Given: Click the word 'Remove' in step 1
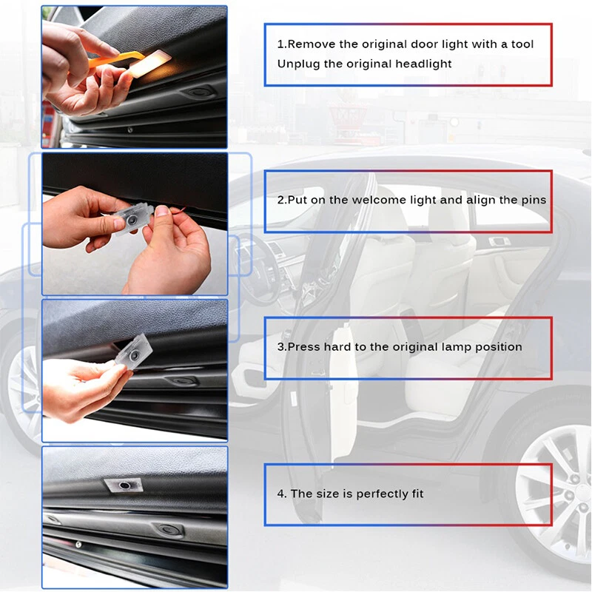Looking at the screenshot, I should tap(310, 44).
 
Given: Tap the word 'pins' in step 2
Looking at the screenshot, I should tap(533, 200).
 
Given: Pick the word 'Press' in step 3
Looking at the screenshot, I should tap(303, 346).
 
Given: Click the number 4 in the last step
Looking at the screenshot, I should tap(282, 494).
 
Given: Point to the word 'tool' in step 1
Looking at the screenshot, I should tap(522, 44).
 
